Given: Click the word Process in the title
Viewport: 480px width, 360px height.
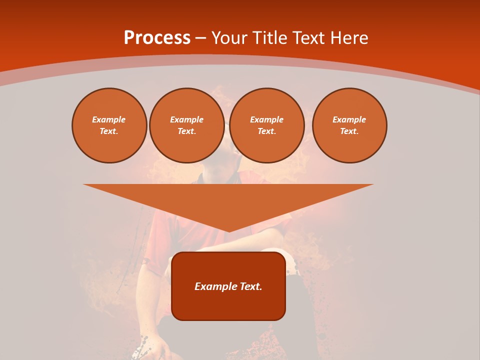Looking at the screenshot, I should pyautogui.click(x=157, y=38).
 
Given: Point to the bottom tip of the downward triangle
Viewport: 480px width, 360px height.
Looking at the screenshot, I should pyautogui.click(x=228, y=230).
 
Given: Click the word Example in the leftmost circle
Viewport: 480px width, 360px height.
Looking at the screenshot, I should pyautogui.click(x=109, y=119).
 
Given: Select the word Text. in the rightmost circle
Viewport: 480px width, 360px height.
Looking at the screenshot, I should pyautogui.click(x=349, y=131).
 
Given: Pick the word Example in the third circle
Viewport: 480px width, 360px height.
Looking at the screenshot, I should pyautogui.click(x=266, y=119).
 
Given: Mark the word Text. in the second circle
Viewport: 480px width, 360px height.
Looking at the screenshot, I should pyautogui.click(x=186, y=131).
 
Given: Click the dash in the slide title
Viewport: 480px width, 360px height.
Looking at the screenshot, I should pyautogui.click(x=201, y=38).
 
